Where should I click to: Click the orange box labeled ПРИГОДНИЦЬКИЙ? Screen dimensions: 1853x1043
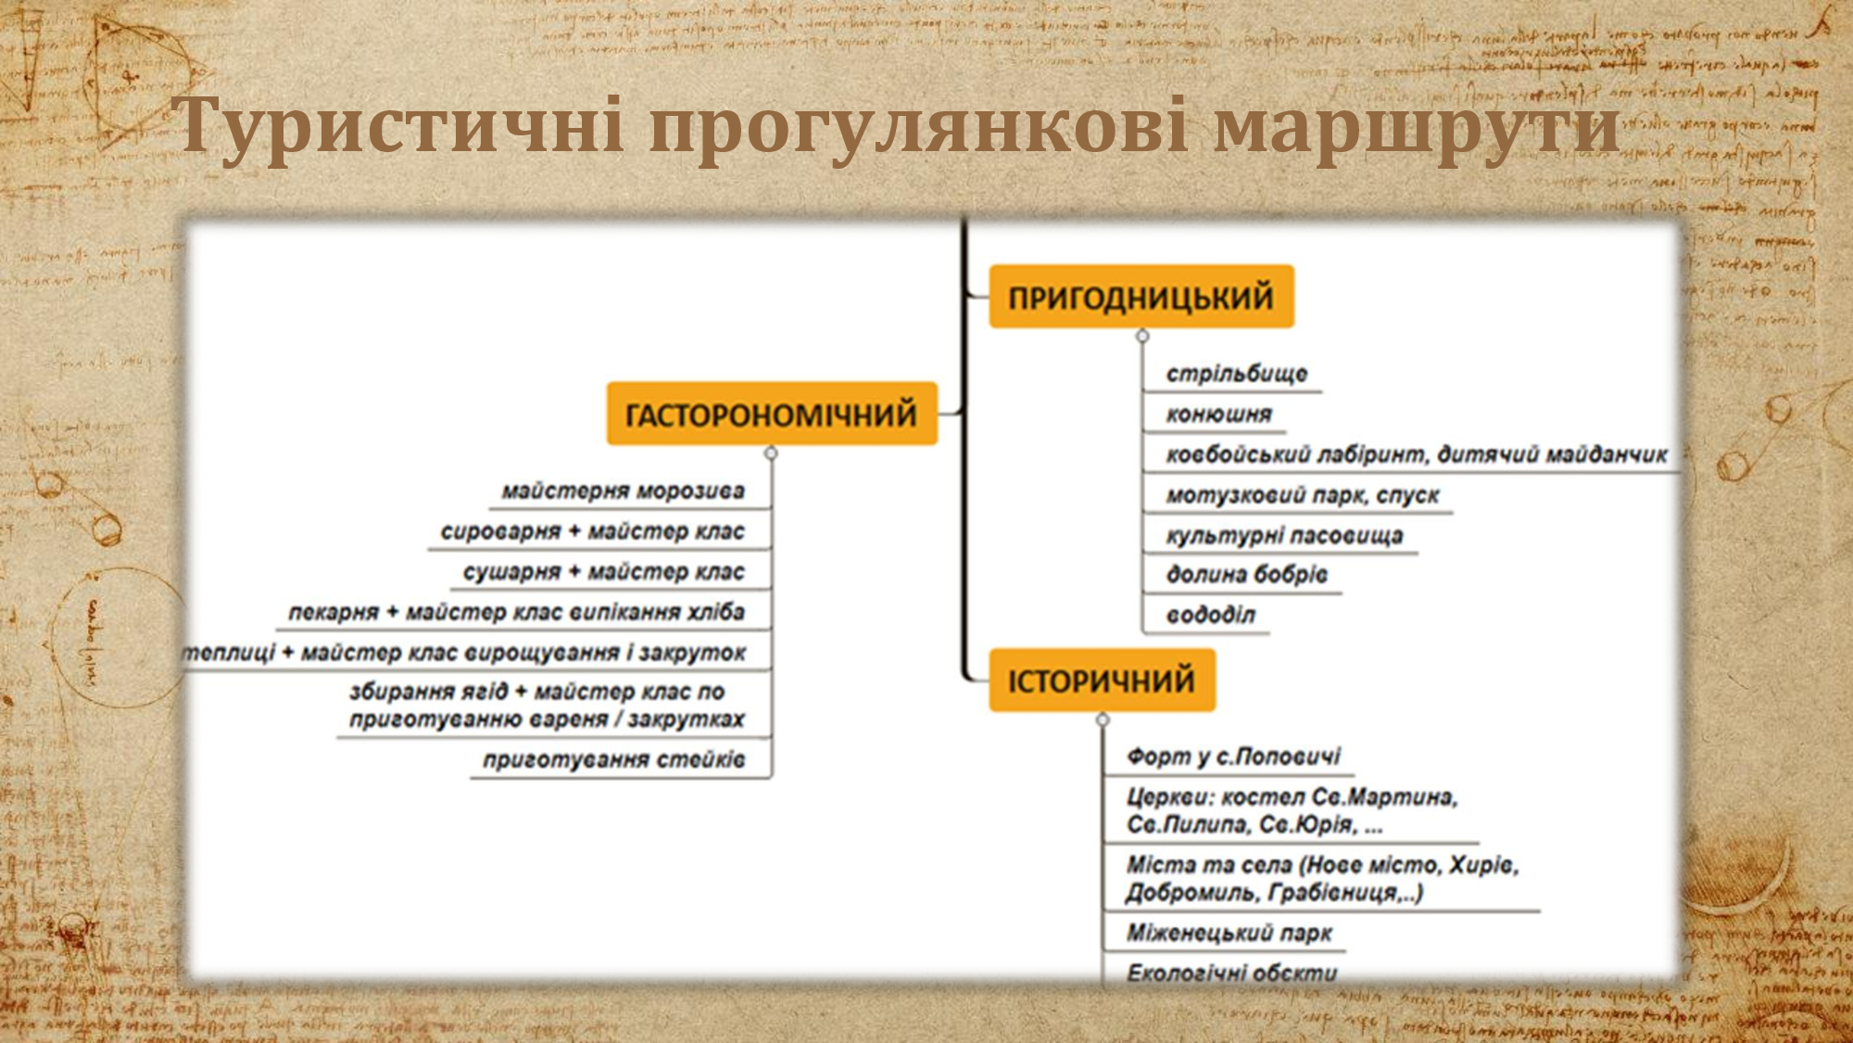(x=1141, y=297)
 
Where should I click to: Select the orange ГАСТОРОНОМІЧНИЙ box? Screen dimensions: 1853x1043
(x=772, y=413)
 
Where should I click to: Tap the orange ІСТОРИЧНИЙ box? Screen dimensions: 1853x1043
(x=1102, y=680)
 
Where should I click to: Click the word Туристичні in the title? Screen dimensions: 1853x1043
(x=397, y=125)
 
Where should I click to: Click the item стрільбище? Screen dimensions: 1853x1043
(x=1237, y=373)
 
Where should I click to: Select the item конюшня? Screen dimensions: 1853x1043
(x=1219, y=413)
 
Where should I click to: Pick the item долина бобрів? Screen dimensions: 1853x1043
(x=1247, y=574)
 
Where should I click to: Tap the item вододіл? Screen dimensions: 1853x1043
(x=1211, y=614)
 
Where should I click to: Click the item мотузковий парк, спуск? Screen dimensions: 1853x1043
(x=1303, y=494)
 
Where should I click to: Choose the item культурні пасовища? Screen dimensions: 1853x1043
(x=1284, y=535)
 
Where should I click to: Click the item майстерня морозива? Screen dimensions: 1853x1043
(x=624, y=490)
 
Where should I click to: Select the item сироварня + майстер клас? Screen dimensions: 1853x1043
(x=593, y=531)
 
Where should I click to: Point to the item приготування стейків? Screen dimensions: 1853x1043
(x=614, y=759)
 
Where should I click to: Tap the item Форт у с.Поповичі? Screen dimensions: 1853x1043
(x=1234, y=756)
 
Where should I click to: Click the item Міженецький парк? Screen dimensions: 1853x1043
(x=1229, y=932)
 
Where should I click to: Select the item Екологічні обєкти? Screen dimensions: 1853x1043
(x=1232, y=973)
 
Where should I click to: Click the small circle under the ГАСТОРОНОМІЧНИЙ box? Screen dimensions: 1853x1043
(x=771, y=453)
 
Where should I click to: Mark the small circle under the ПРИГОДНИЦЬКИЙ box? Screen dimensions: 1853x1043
(x=1142, y=336)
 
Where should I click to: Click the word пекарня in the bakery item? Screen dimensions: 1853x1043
(x=334, y=612)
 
